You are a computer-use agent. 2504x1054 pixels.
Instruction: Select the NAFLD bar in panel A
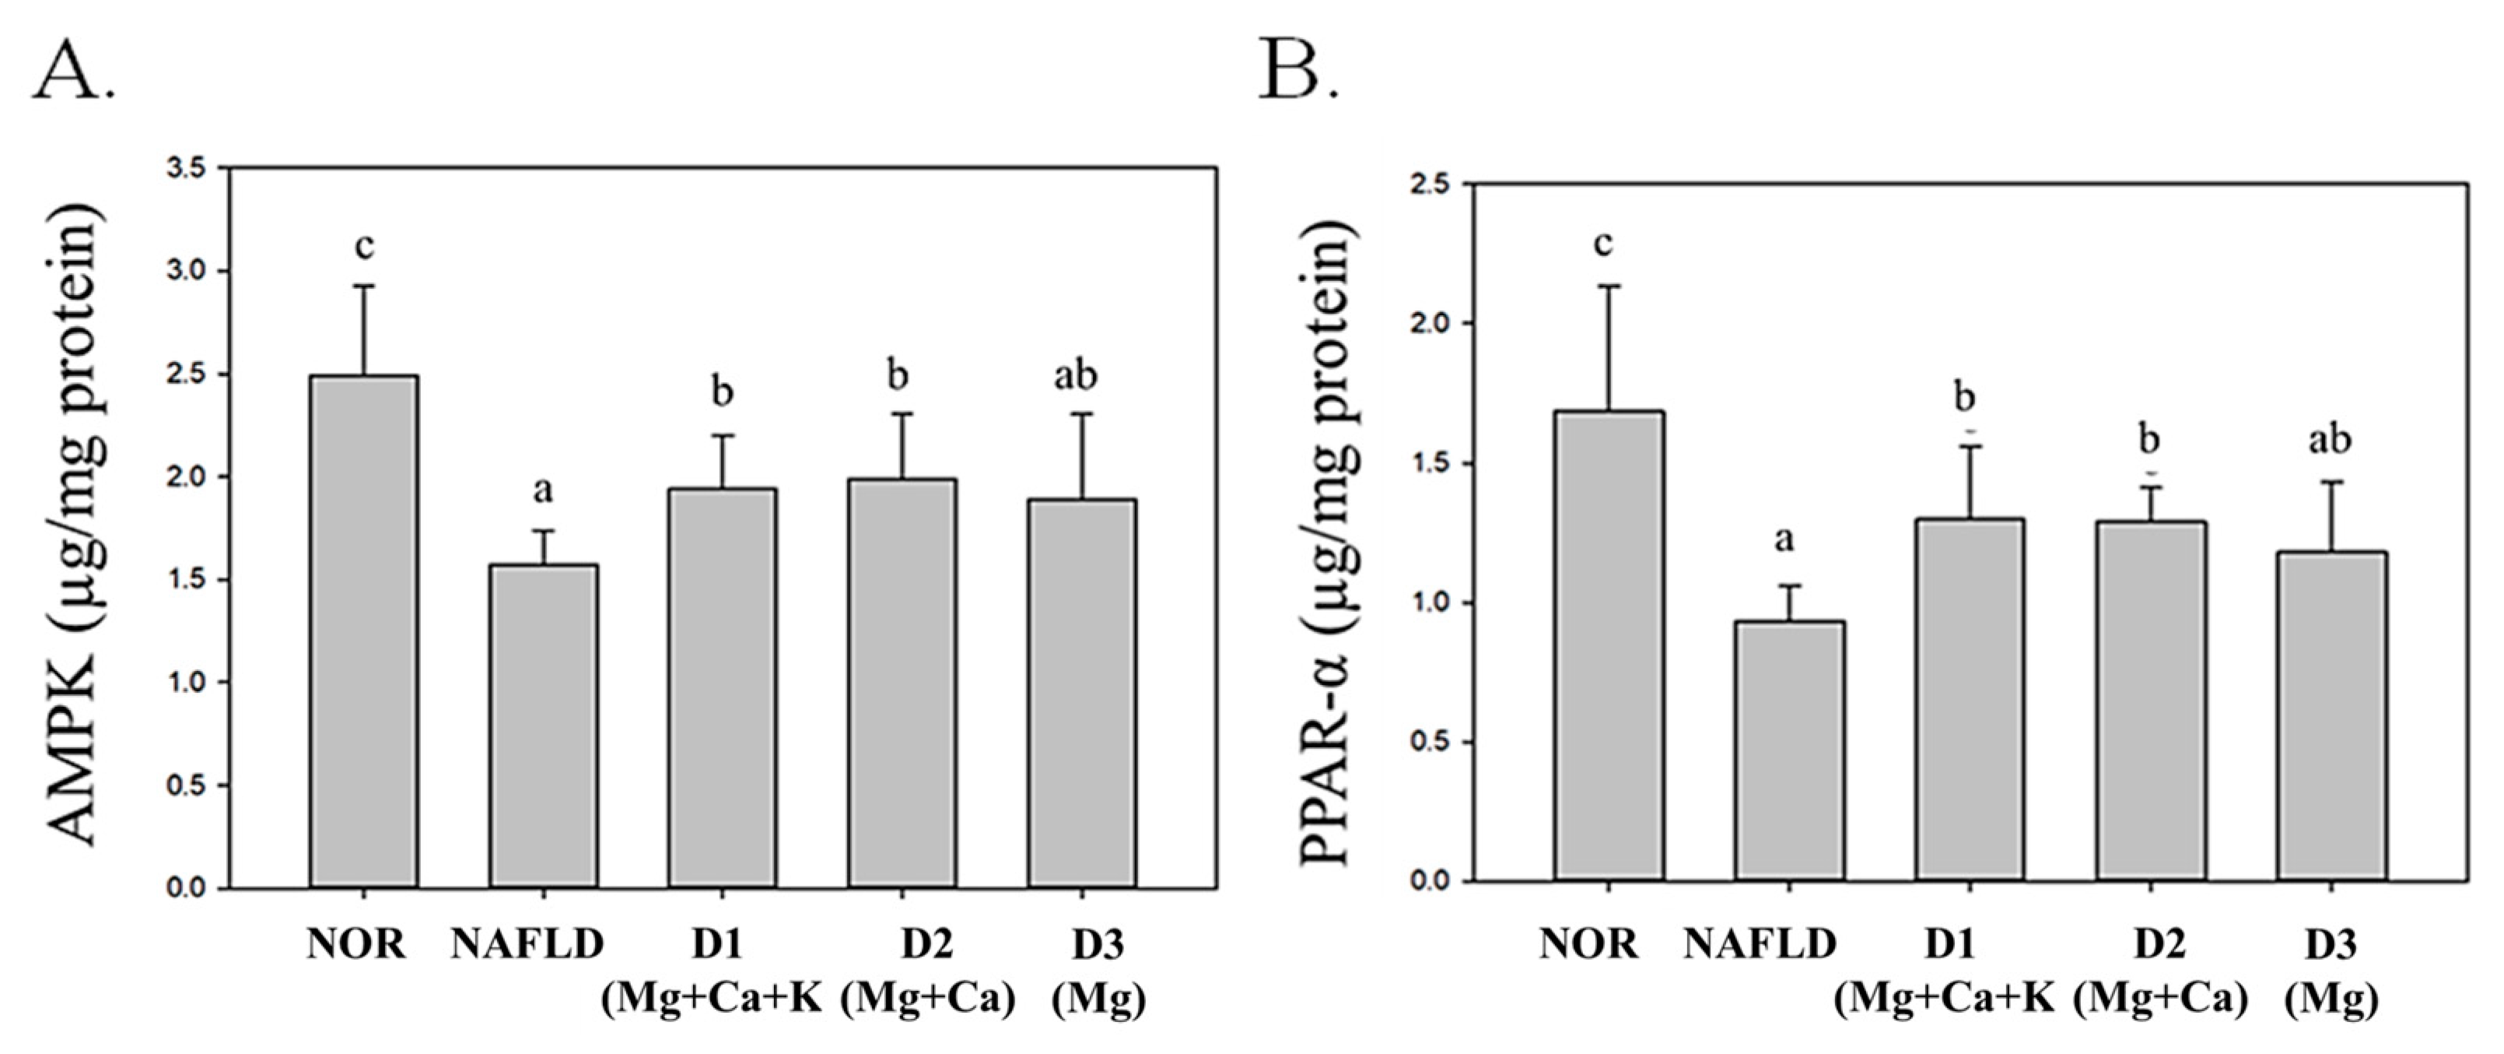coord(544,725)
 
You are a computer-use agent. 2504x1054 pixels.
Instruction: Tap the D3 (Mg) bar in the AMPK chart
coord(1082,692)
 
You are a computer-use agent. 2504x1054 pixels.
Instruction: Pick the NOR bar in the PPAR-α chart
coord(1609,647)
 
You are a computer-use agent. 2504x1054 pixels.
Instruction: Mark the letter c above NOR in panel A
coord(365,247)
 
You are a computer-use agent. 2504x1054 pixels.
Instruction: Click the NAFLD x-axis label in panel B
coord(1760,944)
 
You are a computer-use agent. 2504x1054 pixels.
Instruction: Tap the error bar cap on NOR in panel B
coord(1609,286)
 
